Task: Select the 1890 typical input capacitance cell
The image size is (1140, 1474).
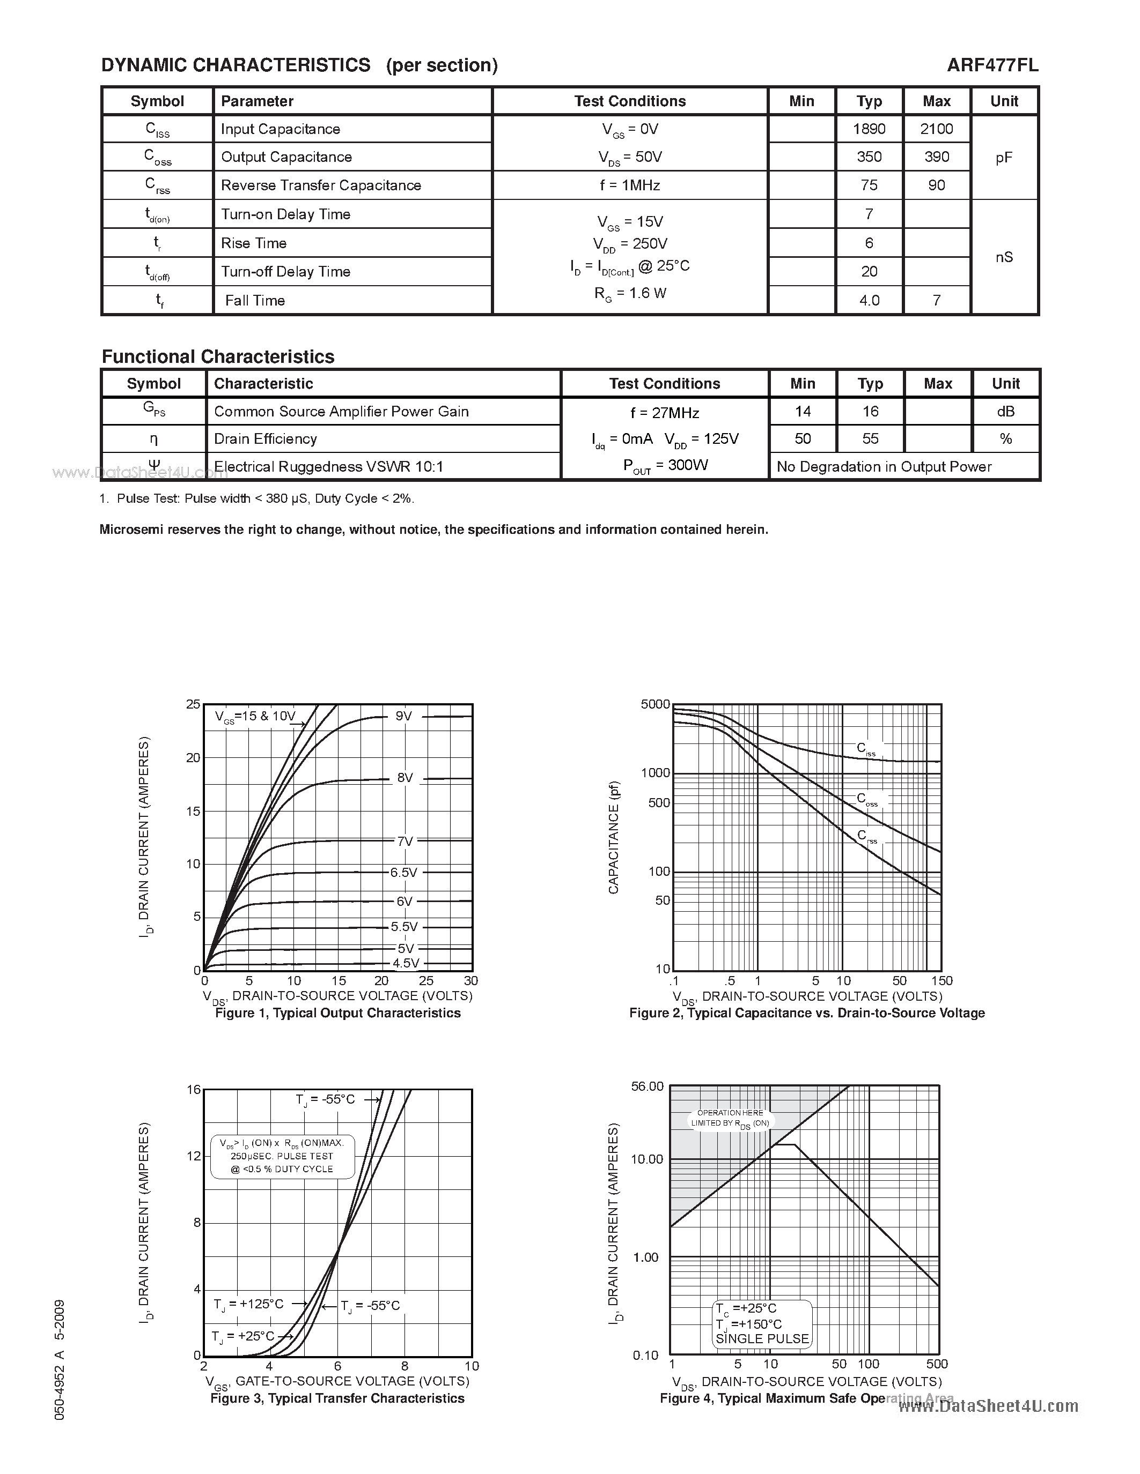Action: tap(869, 129)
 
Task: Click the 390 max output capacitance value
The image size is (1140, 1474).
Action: tap(936, 157)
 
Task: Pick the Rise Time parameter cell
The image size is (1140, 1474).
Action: tap(254, 243)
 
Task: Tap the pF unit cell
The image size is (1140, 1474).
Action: tap(1004, 157)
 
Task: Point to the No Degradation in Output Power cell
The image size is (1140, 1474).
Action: tap(884, 466)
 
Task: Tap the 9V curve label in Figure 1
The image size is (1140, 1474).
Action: tap(404, 716)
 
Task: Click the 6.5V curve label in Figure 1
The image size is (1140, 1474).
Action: tap(404, 873)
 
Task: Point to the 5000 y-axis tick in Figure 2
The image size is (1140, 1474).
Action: tap(654, 705)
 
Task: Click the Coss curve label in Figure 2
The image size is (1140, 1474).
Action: tap(867, 799)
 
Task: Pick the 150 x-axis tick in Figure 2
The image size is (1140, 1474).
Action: tap(942, 981)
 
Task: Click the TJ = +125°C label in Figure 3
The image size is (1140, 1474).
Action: tap(248, 1305)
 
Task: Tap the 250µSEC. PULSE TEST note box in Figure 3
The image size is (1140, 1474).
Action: tap(282, 1156)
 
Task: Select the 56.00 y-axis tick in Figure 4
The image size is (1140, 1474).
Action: tap(647, 1086)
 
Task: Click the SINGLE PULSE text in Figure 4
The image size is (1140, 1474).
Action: tap(762, 1339)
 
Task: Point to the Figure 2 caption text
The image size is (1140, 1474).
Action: tap(806, 1013)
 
